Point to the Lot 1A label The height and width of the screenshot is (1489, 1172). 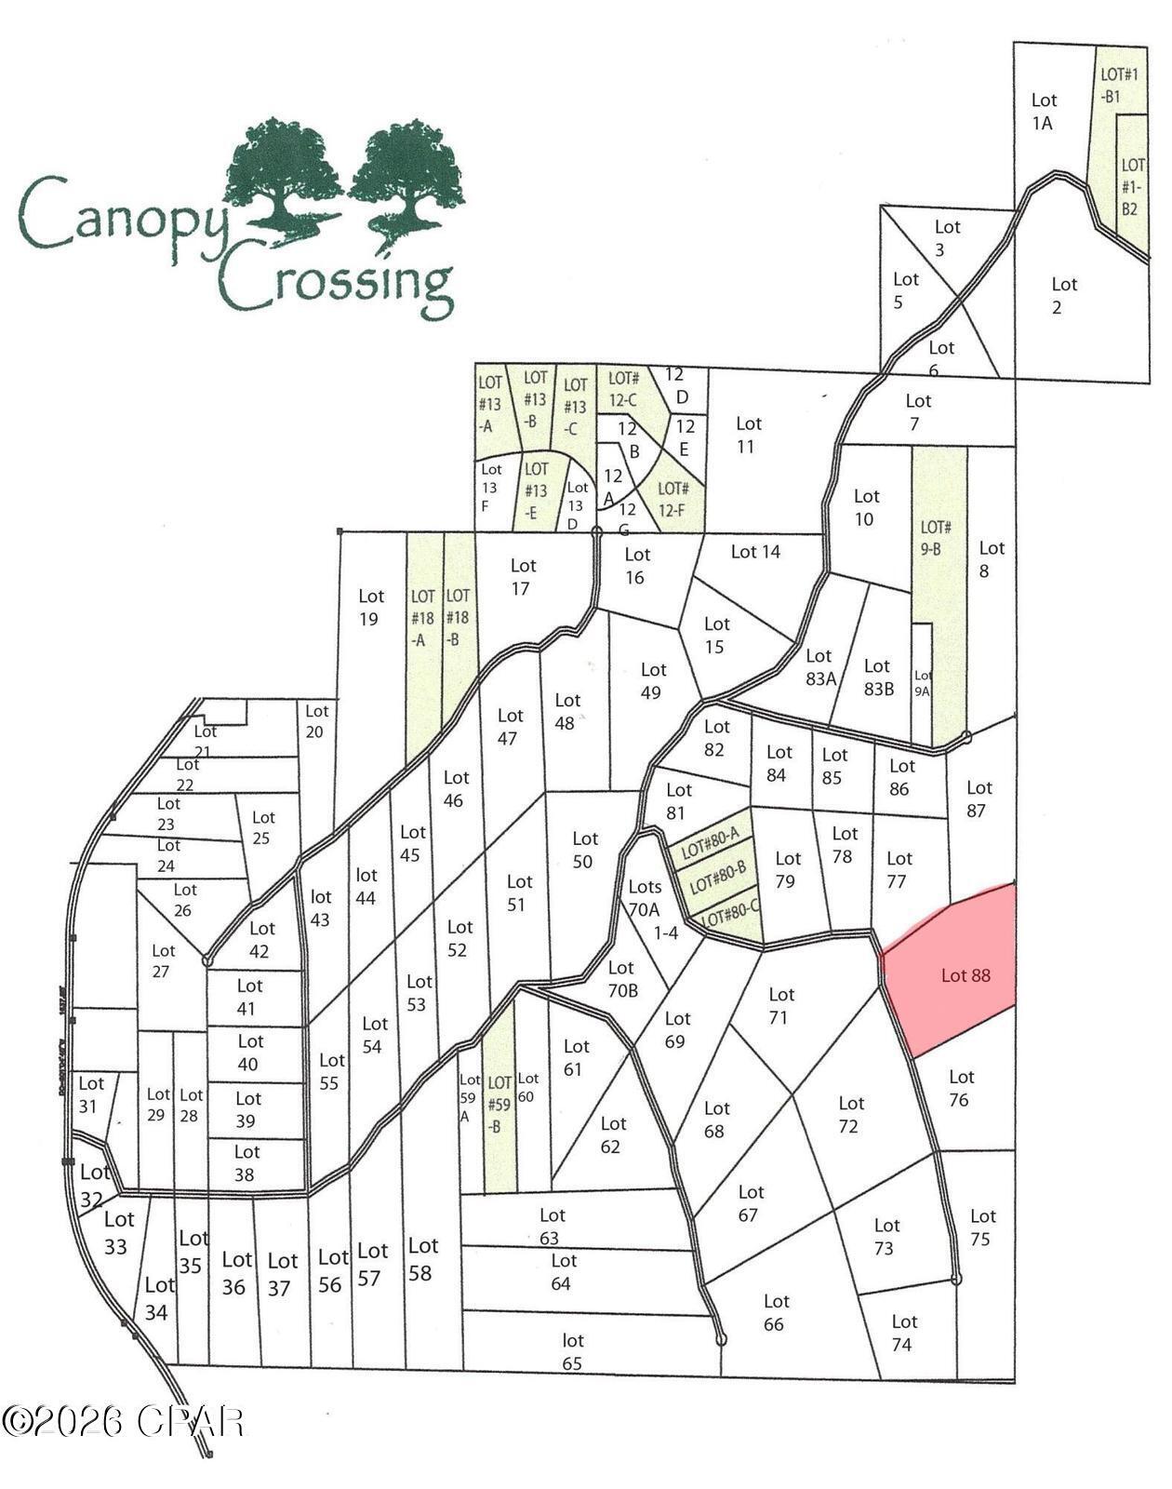[1043, 112]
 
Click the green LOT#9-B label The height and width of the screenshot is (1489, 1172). [934, 538]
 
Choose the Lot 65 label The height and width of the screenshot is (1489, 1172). [572, 1351]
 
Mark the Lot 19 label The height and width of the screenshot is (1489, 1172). [370, 607]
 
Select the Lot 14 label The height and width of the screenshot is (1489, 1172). [755, 552]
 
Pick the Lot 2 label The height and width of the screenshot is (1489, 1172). [1062, 296]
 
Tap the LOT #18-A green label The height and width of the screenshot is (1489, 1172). [421, 617]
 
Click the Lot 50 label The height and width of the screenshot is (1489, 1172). [584, 850]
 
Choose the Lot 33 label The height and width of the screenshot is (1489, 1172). [117, 1232]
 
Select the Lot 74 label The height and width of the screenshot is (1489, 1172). [902, 1333]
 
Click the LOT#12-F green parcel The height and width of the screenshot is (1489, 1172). [673, 499]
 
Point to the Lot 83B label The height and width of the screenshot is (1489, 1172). [877, 677]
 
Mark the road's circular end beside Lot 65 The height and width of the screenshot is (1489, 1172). [720, 1339]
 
